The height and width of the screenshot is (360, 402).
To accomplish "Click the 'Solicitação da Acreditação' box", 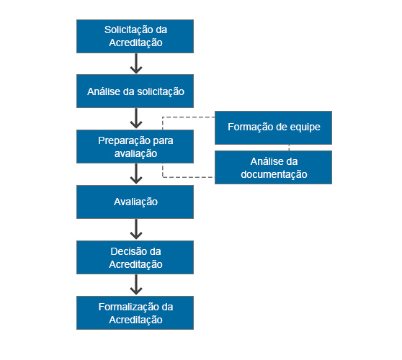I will click(x=135, y=36).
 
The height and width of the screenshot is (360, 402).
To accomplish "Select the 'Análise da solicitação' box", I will click(x=135, y=91).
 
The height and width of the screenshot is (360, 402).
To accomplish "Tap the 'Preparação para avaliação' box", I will click(x=135, y=146).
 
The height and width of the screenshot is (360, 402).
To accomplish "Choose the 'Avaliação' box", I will click(x=135, y=202).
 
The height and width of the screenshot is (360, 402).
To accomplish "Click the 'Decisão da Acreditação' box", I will click(x=135, y=257).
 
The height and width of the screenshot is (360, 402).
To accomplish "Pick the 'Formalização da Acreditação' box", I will click(x=135, y=312).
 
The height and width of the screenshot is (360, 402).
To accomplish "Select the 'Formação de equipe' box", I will click(x=273, y=128).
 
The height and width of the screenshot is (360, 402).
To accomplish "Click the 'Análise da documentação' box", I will click(x=273, y=167).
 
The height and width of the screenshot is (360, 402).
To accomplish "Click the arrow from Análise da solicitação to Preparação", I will click(x=135, y=119).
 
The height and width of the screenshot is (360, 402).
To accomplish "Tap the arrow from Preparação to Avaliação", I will click(x=135, y=174).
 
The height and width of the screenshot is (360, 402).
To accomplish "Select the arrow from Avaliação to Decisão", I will click(x=135, y=229).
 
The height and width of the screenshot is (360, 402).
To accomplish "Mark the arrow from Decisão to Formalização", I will click(x=135, y=284).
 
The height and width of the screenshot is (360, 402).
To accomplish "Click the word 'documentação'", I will click(x=273, y=174).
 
